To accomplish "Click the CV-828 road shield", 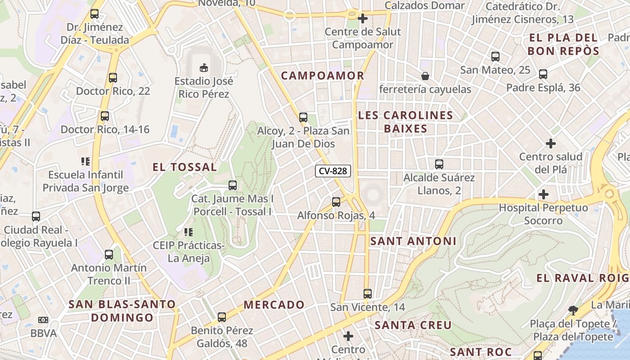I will [333, 171].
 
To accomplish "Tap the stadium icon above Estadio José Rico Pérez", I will [204, 67].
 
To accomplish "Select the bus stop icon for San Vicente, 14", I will [368, 294].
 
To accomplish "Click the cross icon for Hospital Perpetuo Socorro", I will [544, 194].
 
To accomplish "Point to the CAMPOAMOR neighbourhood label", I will [323, 76].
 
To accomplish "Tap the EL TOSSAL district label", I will [184, 167].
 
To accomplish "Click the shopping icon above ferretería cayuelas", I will [425, 76].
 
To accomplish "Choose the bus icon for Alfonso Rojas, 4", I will [336, 202].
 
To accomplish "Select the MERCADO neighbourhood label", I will [274, 305].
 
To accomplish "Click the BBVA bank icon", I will [43, 320].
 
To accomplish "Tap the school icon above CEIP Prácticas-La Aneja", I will [188, 232].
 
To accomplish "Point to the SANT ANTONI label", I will [413, 241].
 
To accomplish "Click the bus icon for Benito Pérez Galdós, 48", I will [222, 317].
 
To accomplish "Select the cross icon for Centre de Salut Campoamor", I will [363, 18].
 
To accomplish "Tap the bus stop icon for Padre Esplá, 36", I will [543, 74].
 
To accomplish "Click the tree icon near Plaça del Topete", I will [573, 310].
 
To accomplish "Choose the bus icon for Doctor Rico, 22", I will [113, 78].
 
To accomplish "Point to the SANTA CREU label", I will [413, 325].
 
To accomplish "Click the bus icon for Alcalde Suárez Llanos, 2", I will [439, 164].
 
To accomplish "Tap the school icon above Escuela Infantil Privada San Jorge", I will [85, 161].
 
